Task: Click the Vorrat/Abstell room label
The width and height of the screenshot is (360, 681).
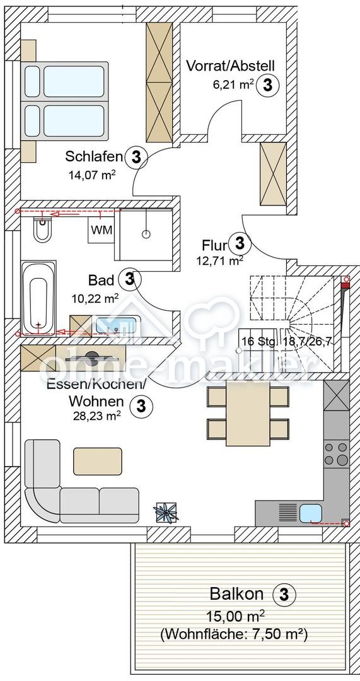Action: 230,66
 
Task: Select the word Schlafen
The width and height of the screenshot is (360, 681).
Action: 93,156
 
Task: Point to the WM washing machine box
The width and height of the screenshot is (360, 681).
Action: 101,230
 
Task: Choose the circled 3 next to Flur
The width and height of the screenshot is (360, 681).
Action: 240,243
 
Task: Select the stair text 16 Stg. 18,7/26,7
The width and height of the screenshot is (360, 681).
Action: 287,341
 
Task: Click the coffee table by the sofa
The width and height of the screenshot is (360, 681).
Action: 98,461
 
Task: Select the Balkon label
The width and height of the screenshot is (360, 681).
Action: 236,594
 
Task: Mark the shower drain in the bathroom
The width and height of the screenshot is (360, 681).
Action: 146,234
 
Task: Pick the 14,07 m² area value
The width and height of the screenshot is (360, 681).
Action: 91,175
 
